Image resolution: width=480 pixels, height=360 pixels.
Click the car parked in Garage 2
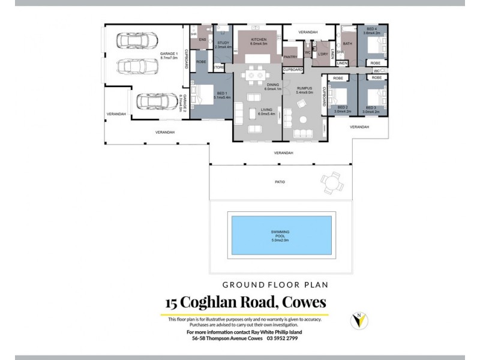click(x=153, y=103)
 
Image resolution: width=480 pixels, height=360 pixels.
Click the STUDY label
click(x=224, y=43)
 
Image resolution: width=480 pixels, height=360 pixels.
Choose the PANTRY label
click(x=291, y=57)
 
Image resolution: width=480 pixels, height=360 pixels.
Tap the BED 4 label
click(x=371, y=30)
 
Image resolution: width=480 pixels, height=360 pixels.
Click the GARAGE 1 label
click(x=169, y=55)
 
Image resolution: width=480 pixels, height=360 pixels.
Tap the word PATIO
click(x=280, y=182)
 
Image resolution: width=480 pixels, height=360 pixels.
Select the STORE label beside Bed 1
click(x=219, y=68)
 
